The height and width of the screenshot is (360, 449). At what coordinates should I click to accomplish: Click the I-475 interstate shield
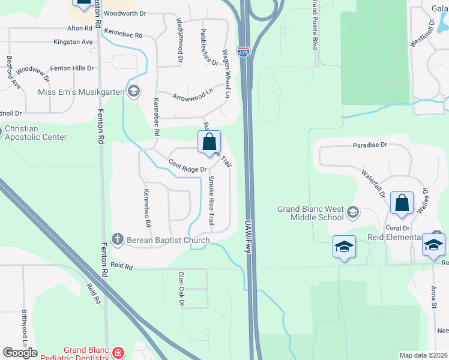coord(243,53)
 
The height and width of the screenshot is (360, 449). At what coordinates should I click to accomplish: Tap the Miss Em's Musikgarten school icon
coord(134,91)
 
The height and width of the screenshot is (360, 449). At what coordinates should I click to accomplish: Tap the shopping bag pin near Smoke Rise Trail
coord(209,143)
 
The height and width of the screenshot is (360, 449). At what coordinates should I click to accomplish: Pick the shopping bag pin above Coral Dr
coord(402,203)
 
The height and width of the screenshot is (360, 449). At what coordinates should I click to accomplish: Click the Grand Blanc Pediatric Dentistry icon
coord(118,352)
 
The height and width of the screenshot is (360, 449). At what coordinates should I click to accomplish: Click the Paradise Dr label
coord(370,145)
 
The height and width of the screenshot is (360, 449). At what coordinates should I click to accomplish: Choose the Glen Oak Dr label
coord(180,289)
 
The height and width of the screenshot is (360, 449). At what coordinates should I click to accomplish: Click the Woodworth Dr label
coord(124,13)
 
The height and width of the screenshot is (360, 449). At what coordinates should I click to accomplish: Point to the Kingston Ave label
coord(73,42)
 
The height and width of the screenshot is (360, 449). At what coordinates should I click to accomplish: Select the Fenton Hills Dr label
coord(72,68)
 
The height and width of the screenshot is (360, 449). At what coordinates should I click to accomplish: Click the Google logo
coord(20,352)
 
